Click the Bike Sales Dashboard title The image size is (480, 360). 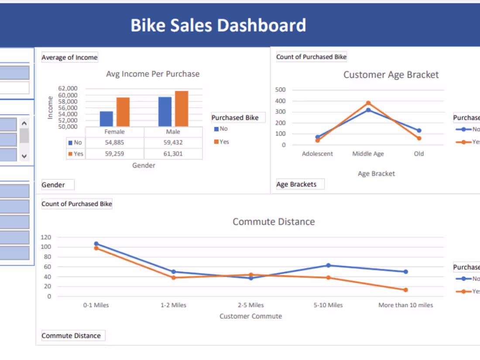pos(218,25)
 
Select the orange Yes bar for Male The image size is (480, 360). pos(182,109)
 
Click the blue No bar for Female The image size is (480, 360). pos(106,119)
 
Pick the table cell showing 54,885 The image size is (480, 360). pos(115,143)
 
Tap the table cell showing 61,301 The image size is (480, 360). pos(173,154)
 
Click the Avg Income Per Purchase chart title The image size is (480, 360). pos(153,74)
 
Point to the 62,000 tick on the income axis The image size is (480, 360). pos(68,89)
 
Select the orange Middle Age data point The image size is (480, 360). pos(368,103)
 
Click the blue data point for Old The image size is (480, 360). pos(419,130)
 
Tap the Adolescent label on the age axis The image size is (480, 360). pos(317,154)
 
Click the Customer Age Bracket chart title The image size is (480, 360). pos(391,75)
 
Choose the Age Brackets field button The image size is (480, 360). pos(300,184)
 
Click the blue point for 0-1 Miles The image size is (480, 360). pos(96,244)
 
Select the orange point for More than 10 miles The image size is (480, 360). pos(406,290)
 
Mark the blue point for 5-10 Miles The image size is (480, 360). pos(329,265)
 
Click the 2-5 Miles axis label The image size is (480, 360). pos(251,305)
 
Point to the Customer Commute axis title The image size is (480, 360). pos(251,316)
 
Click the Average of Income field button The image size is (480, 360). pos(70,57)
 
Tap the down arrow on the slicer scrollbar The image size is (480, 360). pos(24,156)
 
